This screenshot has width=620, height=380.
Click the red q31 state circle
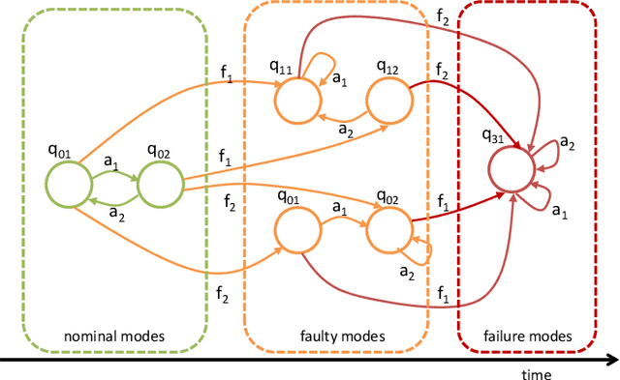(511, 171)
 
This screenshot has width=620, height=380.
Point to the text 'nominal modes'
(115, 336)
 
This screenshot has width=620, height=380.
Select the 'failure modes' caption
(528, 336)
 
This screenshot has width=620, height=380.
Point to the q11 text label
(281, 68)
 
